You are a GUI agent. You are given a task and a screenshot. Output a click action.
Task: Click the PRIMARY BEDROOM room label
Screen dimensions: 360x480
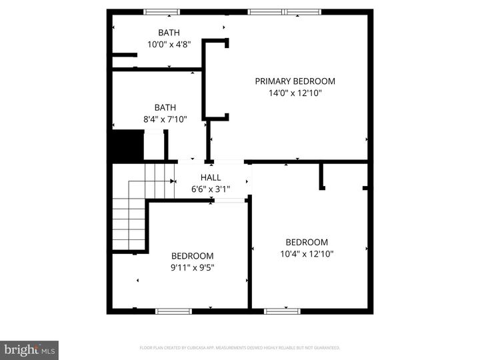[295, 81]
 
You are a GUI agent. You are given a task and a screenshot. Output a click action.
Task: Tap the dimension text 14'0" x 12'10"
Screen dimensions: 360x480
[295, 93]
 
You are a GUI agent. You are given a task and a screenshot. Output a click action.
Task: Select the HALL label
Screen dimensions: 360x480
[211, 177]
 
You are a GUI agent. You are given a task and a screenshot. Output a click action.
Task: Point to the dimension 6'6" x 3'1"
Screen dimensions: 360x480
[211, 189]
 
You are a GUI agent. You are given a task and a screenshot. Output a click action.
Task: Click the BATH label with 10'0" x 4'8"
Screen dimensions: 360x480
[169, 33]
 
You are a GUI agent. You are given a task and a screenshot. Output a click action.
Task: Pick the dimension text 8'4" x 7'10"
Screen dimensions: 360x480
[165, 119]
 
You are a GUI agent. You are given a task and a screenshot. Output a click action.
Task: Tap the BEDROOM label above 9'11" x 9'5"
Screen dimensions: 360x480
[193, 256]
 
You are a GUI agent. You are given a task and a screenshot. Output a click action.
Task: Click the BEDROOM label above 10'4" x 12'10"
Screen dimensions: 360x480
[307, 243]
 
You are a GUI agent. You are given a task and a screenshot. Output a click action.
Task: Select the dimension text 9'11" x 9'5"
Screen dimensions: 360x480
[193, 267]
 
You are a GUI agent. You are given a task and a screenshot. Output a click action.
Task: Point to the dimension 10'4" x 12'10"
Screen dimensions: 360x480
[307, 254]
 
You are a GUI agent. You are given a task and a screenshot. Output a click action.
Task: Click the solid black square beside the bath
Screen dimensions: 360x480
[127, 146]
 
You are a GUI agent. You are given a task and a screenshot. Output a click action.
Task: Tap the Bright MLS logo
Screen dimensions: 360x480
[29, 350]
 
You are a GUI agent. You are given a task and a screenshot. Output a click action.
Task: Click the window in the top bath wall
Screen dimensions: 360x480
[162, 11]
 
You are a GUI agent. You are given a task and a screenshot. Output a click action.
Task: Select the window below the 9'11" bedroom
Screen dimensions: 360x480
[174, 311]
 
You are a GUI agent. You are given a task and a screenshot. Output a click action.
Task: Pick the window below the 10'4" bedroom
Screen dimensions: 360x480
[282, 311]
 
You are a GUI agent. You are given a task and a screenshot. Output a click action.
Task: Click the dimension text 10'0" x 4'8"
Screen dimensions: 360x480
[169, 45]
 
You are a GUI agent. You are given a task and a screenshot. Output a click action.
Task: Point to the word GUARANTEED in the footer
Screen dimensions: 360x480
[325, 348]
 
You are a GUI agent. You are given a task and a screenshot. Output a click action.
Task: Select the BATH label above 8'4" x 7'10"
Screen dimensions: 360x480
[165, 107]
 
